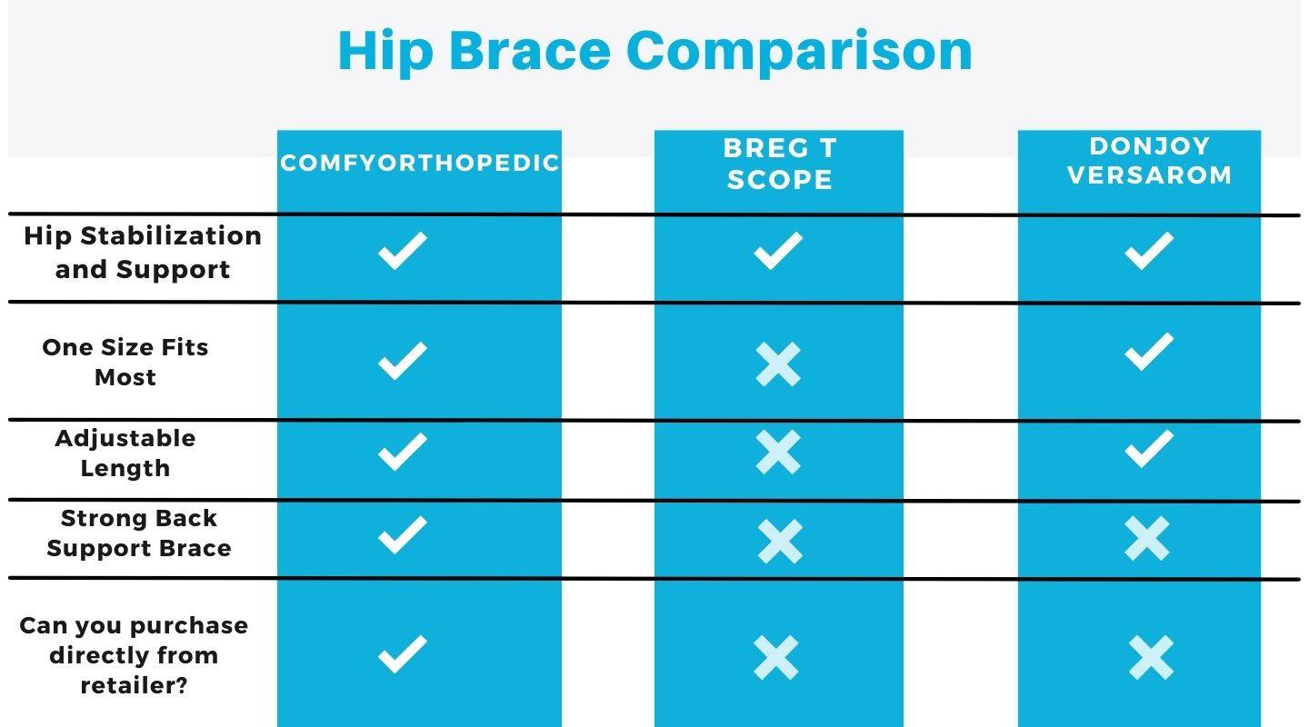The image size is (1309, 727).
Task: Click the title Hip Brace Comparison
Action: pos(654,51)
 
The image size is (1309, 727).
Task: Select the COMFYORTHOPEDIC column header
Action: pos(419,163)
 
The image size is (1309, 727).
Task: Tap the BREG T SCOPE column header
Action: pos(779,164)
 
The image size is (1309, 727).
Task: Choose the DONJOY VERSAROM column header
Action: pos(1149,160)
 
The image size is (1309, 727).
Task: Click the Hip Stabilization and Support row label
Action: pos(143,253)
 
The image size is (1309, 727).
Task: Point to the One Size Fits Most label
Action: pos(125,362)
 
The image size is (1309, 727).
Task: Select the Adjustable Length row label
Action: pos(125,453)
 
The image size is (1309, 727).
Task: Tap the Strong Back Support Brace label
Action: pos(139,533)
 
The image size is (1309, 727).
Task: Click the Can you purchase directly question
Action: pos(134,655)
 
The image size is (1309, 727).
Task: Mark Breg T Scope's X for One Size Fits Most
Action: pos(778,364)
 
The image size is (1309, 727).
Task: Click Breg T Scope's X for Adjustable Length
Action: pos(778,452)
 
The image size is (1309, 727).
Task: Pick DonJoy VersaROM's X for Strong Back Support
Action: pos(1147,539)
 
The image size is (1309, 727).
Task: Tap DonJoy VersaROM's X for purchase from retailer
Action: pos(1151,658)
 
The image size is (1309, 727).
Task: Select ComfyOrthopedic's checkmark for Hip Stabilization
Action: pos(402,251)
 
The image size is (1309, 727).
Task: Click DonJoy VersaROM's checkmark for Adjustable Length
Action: pos(1149,449)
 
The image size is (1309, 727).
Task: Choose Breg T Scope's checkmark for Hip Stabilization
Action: pos(778,251)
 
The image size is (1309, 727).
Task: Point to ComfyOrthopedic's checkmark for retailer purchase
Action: pos(402,654)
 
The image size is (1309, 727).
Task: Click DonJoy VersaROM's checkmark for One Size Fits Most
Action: pos(1149,352)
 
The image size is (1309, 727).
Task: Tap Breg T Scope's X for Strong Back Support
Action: pos(780,542)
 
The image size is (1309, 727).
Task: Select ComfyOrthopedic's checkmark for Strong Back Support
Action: pos(402,534)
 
